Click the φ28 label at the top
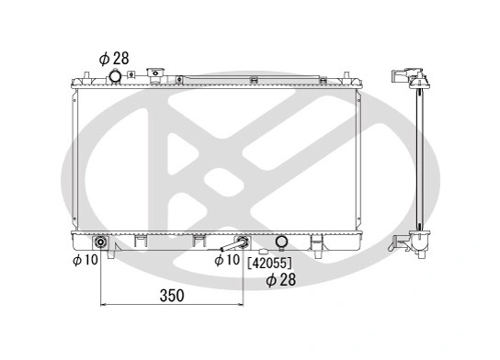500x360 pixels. click(x=114, y=59)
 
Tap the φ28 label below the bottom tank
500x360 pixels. click(x=281, y=280)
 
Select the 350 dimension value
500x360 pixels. click(x=172, y=296)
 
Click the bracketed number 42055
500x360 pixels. click(x=270, y=263)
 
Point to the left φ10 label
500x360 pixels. click(x=85, y=260)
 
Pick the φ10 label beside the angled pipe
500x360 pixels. click(x=227, y=260)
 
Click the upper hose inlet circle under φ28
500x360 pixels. click(x=115, y=76)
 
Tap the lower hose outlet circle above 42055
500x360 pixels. click(x=281, y=242)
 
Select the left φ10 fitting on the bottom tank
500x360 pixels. click(x=100, y=242)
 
